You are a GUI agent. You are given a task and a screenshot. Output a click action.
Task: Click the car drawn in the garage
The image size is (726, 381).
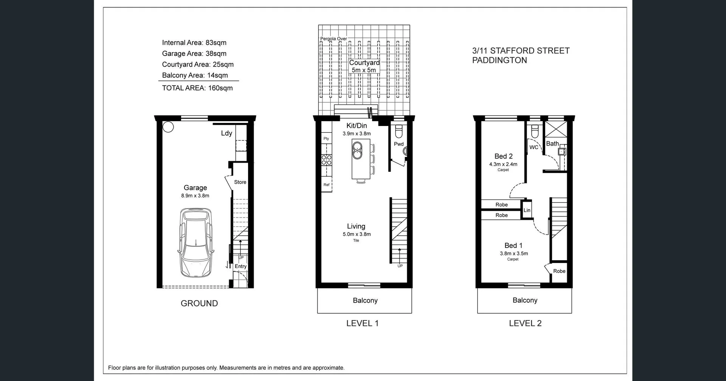click(195, 243)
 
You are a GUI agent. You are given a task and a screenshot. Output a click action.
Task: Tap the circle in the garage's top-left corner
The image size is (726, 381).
click(168, 127)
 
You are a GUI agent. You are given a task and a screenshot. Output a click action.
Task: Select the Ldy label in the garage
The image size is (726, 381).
click(226, 133)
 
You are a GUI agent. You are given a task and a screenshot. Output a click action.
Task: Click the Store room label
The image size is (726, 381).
click(240, 182)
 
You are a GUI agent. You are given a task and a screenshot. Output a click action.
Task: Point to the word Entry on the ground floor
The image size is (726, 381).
click(240, 266)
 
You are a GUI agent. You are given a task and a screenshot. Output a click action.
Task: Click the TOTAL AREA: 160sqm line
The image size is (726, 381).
click(197, 88)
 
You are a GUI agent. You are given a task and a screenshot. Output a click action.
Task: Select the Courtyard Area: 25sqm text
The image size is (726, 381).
click(198, 64)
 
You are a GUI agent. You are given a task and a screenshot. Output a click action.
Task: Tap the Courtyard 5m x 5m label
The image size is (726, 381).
click(364, 66)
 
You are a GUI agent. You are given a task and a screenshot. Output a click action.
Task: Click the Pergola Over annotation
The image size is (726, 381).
click(334, 39)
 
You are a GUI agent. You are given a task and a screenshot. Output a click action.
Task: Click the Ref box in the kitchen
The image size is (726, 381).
click(326, 185)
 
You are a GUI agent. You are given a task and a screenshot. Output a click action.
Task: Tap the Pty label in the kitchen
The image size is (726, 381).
click(326, 138)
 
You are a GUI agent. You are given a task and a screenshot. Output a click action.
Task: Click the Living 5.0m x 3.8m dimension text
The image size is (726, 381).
click(357, 234)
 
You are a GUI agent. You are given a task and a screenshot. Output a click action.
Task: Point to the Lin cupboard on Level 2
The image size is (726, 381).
click(527, 210)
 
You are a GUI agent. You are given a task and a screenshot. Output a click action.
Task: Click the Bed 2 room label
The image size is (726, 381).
click(503, 156)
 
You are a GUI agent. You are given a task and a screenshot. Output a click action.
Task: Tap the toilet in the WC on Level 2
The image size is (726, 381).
click(535, 132)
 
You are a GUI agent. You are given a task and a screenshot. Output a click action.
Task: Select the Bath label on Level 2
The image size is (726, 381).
click(552, 144)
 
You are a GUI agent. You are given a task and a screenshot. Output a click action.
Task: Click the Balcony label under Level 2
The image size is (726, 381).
click(525, 300)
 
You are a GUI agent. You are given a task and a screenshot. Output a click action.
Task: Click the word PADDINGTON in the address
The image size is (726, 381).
click(499, 61)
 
